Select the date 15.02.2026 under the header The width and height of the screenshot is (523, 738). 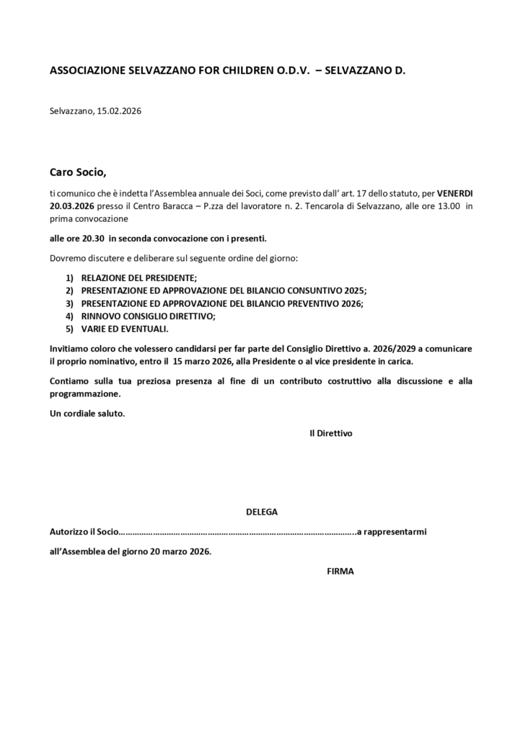(x=119, y=112)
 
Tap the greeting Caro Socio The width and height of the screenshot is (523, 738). (x=77, y=172)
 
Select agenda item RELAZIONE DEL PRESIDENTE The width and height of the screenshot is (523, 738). (x=139, y=278)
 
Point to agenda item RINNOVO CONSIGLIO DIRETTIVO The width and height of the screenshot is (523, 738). (x=148, y=316)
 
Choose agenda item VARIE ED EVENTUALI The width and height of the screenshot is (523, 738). (x=124, y=329)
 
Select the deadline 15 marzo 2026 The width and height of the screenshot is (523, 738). (x=204, y=361)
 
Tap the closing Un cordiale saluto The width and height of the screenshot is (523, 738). (x=87, y=414)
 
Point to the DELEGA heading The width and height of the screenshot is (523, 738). (x=262, y=512)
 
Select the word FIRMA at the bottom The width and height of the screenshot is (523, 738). (x=340, y=571)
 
